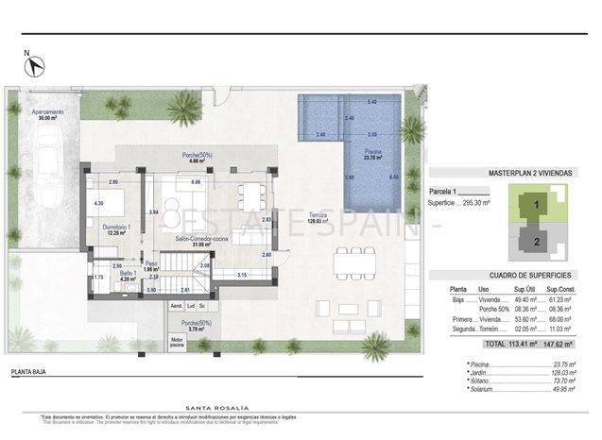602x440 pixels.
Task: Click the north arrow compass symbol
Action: [36, 65]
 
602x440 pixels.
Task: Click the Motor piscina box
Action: [177, 342]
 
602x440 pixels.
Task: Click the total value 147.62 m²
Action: [562, 345]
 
